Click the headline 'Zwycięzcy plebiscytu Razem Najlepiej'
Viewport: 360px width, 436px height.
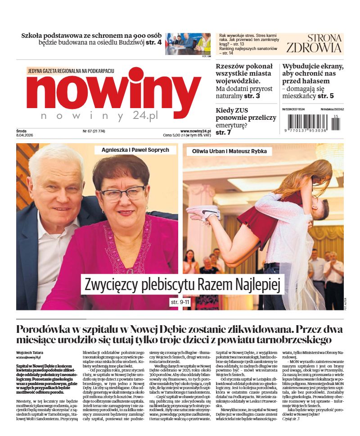coord(182,285)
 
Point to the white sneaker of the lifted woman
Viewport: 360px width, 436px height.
coord(202,212)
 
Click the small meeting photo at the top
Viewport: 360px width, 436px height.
coord(188,44)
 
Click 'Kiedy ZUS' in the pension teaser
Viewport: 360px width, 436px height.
coord(232,110)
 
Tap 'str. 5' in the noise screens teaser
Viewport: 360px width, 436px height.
coord(325,96)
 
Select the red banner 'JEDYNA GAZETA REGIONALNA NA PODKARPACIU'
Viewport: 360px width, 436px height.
coord(71,71)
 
